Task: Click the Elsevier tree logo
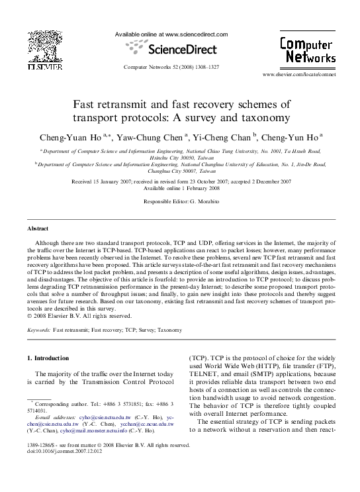pos(44,46)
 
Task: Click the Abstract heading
pos(38,228)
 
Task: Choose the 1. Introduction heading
pos(48,358)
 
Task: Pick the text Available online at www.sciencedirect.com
pos(171,34)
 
